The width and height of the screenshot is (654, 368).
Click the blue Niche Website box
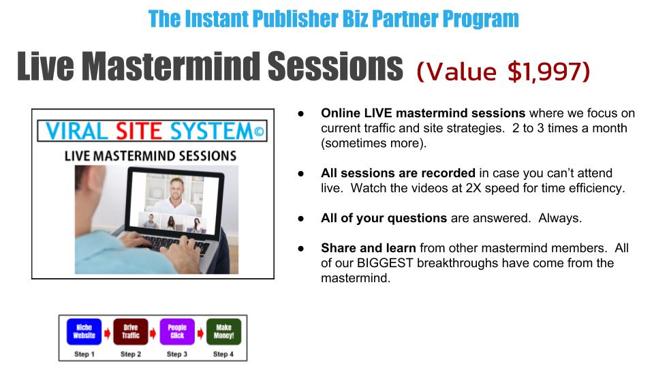[x=84, y=332]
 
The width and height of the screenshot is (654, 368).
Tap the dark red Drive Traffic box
[x=131, y=332]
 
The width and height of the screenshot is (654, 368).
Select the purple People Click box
[x=177, y=332]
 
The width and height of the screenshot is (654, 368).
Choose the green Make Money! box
[x=224, y=332]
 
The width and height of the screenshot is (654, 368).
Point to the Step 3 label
[x=177, y=354]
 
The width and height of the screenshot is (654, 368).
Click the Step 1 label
[x=84, y=354]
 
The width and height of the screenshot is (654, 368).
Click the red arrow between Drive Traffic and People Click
[x=153, y=333]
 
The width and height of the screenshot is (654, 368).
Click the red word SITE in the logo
[x=138, y=132]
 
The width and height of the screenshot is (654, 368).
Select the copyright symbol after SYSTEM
[x=259, y=132]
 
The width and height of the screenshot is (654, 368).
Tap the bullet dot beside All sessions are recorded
[x=300, y=173]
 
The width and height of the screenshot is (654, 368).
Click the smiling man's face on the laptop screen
[x=177, y=188]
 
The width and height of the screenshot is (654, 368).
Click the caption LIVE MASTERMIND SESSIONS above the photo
[x=151, y=156]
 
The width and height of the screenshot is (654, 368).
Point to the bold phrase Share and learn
[x=369, y=248]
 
